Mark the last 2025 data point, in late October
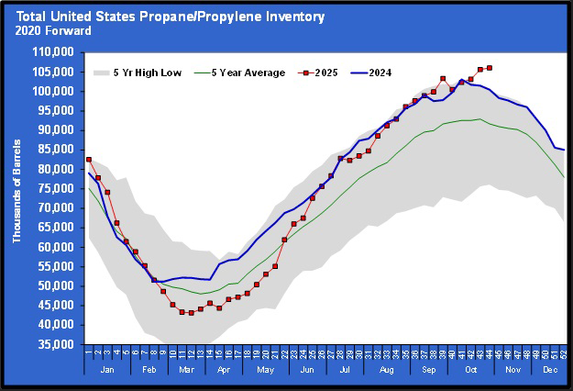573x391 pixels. tap(490, 67)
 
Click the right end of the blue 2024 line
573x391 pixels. tap(564, 150)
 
